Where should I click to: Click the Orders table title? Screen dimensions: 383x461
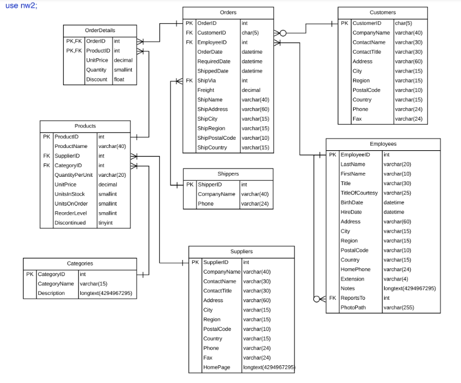(x=228, y=12)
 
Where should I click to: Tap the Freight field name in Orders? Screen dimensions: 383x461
(x=206, y=90)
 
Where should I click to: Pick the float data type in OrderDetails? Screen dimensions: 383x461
(x=119, y=79)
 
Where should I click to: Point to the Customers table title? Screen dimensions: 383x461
(x=382, y=12)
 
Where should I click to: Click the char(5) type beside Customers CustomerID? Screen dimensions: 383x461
(x=403, y=23)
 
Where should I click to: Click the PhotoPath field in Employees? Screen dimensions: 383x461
(x=353, y=308)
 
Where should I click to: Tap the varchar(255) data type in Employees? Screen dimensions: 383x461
(x=399, y=308)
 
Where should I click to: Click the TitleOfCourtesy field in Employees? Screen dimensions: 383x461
(x=359, y=193)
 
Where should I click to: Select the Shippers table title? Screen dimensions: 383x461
(x=228, y=173)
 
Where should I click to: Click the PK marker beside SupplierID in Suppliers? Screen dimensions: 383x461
(x=195, y=262)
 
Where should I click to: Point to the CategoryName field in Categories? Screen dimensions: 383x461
(x=55, y=284)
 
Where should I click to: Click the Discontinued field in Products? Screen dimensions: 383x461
(x=70, y=223)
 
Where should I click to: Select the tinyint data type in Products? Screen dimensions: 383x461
(x=106, y=223)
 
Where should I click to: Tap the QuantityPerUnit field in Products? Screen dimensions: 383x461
(x=74, y=175)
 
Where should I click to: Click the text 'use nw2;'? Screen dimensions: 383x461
(x=22, y=5)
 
